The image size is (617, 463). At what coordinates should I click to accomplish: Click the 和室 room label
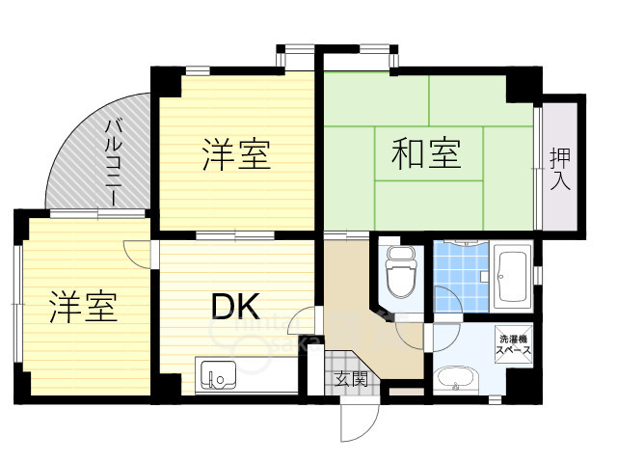(x=426, y=153)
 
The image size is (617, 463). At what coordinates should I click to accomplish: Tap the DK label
(x=235, y=307)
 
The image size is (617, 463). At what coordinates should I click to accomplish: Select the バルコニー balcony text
(x=113, y=163)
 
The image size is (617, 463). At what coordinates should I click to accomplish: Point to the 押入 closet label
(x=560, y=169)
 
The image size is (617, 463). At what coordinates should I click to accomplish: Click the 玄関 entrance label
(x=351, y=379)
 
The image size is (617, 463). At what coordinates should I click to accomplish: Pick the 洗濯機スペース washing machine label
(x=513, y=344)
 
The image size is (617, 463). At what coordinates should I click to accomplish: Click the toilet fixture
(x=401, y=272)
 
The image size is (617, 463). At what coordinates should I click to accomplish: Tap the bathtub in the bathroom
(x=512, y=276)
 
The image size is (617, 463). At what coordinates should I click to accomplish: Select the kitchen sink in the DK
(x=218, y=374)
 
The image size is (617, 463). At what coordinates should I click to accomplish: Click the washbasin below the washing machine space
(x=456, y=379)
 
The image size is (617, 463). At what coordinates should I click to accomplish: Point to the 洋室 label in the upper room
(x=236, y=154)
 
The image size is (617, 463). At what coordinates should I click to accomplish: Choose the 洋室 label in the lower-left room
(x=84, y=307)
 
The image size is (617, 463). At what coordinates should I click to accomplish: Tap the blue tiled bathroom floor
(x=461, y=276)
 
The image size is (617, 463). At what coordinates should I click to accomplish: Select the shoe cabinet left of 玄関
(x=315, y=369)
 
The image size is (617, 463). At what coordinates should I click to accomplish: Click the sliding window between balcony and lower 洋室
(x=97, y=214)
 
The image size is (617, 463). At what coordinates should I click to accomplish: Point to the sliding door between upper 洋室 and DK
(x=235, y=235)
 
